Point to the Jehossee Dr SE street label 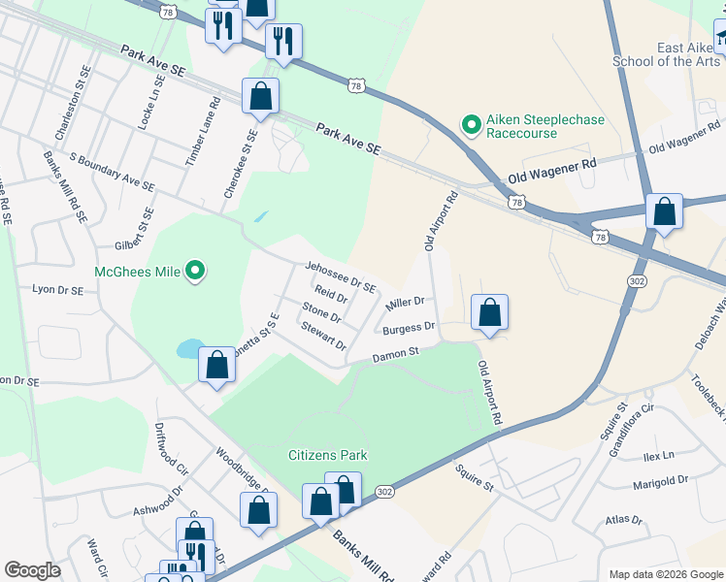click(x=340, y=275)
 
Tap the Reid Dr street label click(x=330, y=295)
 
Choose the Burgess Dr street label click(x=410, y=330)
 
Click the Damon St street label click(x=395, y=354)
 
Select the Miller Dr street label click(x=405, y=305)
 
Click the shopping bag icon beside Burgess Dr click(x=490, y=313)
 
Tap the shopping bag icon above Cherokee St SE click(x=260, y=97)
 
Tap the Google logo click(x=33, y=570)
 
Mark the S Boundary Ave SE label click(x=113, y=171)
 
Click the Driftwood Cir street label click(x=169, y=445)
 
